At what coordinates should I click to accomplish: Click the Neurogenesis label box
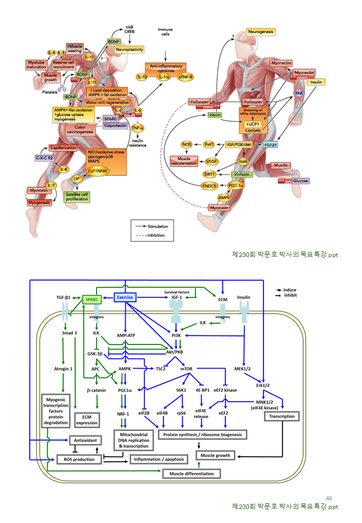point(260,32)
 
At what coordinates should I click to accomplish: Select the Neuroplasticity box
point(129,49)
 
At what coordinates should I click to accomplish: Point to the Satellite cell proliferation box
point(76,197)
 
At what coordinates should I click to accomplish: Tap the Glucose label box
point(300,181)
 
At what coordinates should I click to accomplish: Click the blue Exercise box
point(125,297)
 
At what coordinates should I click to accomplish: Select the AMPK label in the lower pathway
point(125,369)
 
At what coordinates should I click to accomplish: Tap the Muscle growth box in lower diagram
point(215,456)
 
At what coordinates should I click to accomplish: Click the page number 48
point(329,498)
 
